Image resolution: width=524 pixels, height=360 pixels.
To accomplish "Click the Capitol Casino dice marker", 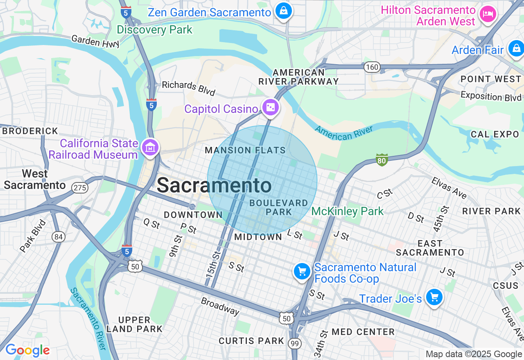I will point(271,108).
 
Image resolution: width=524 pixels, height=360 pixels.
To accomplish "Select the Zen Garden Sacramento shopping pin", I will point(283,11).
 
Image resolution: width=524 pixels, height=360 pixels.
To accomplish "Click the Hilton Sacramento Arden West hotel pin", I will point(488,14).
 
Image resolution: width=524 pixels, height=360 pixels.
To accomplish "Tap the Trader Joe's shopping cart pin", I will point(434,297).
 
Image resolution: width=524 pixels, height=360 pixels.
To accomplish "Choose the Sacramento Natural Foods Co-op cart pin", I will point(302,271).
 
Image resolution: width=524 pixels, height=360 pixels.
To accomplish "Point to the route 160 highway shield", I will point(373,67).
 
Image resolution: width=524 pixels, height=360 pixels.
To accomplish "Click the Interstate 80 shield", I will point(382,160).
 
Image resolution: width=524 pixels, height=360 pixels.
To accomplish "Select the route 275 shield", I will point(79,188).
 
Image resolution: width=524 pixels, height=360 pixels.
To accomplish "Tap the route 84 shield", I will point(59,236).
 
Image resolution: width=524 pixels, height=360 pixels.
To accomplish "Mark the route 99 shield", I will point(294,343).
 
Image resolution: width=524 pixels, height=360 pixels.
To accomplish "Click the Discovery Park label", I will point(154,30).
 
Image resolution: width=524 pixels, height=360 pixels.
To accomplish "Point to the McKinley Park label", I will point(348,211).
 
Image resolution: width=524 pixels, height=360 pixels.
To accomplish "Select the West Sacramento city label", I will point(35,179).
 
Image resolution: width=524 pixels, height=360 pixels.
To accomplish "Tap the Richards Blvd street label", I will point(188,88).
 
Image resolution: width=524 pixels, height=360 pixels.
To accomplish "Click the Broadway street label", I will point(220,306).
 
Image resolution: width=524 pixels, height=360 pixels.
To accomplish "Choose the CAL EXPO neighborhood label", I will point(495,134).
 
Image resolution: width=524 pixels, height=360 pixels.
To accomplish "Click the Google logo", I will point(27,350).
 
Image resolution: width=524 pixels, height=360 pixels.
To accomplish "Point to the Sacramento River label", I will point(88,318).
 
